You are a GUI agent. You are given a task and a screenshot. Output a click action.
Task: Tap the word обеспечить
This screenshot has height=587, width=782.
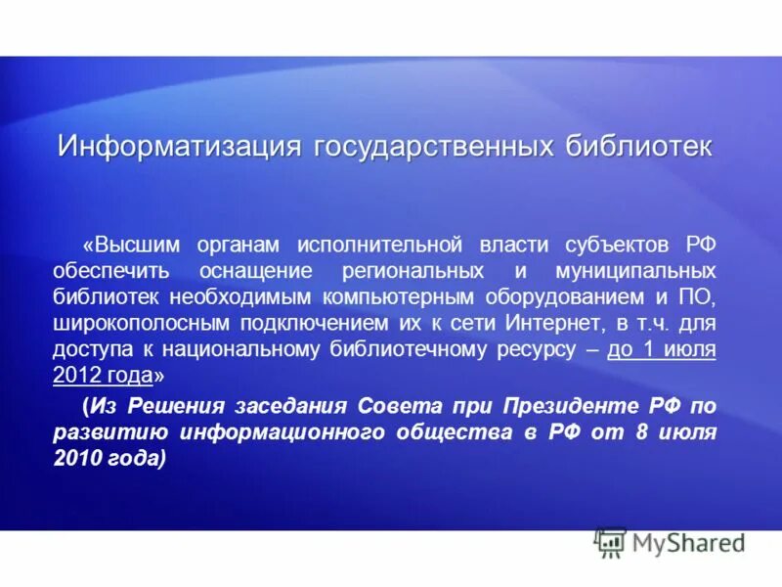click(112, 269)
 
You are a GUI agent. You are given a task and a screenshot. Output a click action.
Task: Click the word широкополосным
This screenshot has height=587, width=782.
click(137, 322)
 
